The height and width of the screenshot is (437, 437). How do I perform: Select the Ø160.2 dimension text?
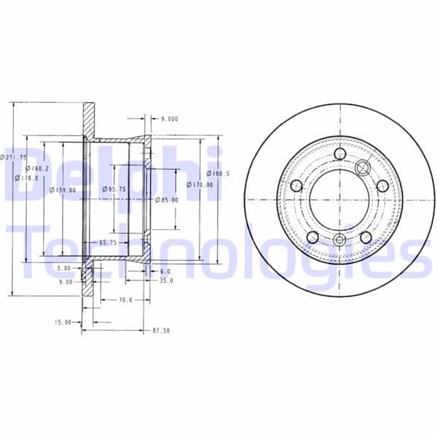pos(35,168)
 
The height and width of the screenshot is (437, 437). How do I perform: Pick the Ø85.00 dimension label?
pos(168,199)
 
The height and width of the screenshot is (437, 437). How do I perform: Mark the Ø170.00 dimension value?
pos(199,184)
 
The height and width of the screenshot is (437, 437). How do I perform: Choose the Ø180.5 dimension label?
pos(218,173)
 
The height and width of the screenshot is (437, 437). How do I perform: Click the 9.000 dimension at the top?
pos(170,118)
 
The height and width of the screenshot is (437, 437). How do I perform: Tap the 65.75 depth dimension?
pos(109,243)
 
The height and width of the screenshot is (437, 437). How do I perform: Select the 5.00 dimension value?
pos(64,268)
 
